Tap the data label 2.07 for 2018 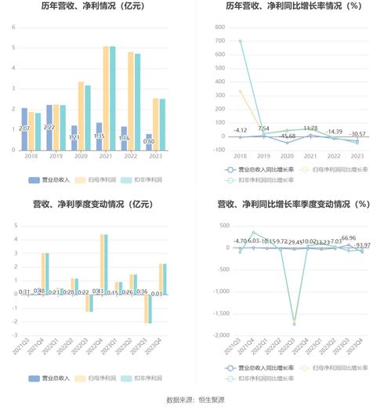(25, 128)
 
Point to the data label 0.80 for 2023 (148, 142)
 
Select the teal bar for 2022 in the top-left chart (138, 101)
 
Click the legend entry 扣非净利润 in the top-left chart (147, 180)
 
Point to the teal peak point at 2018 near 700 (240, 41)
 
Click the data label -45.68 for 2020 (287, 136)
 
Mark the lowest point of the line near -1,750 (294, 324)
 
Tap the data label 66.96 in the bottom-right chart (348, 238)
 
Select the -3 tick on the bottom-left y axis (14, 335)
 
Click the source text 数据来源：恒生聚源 (195, 400)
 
